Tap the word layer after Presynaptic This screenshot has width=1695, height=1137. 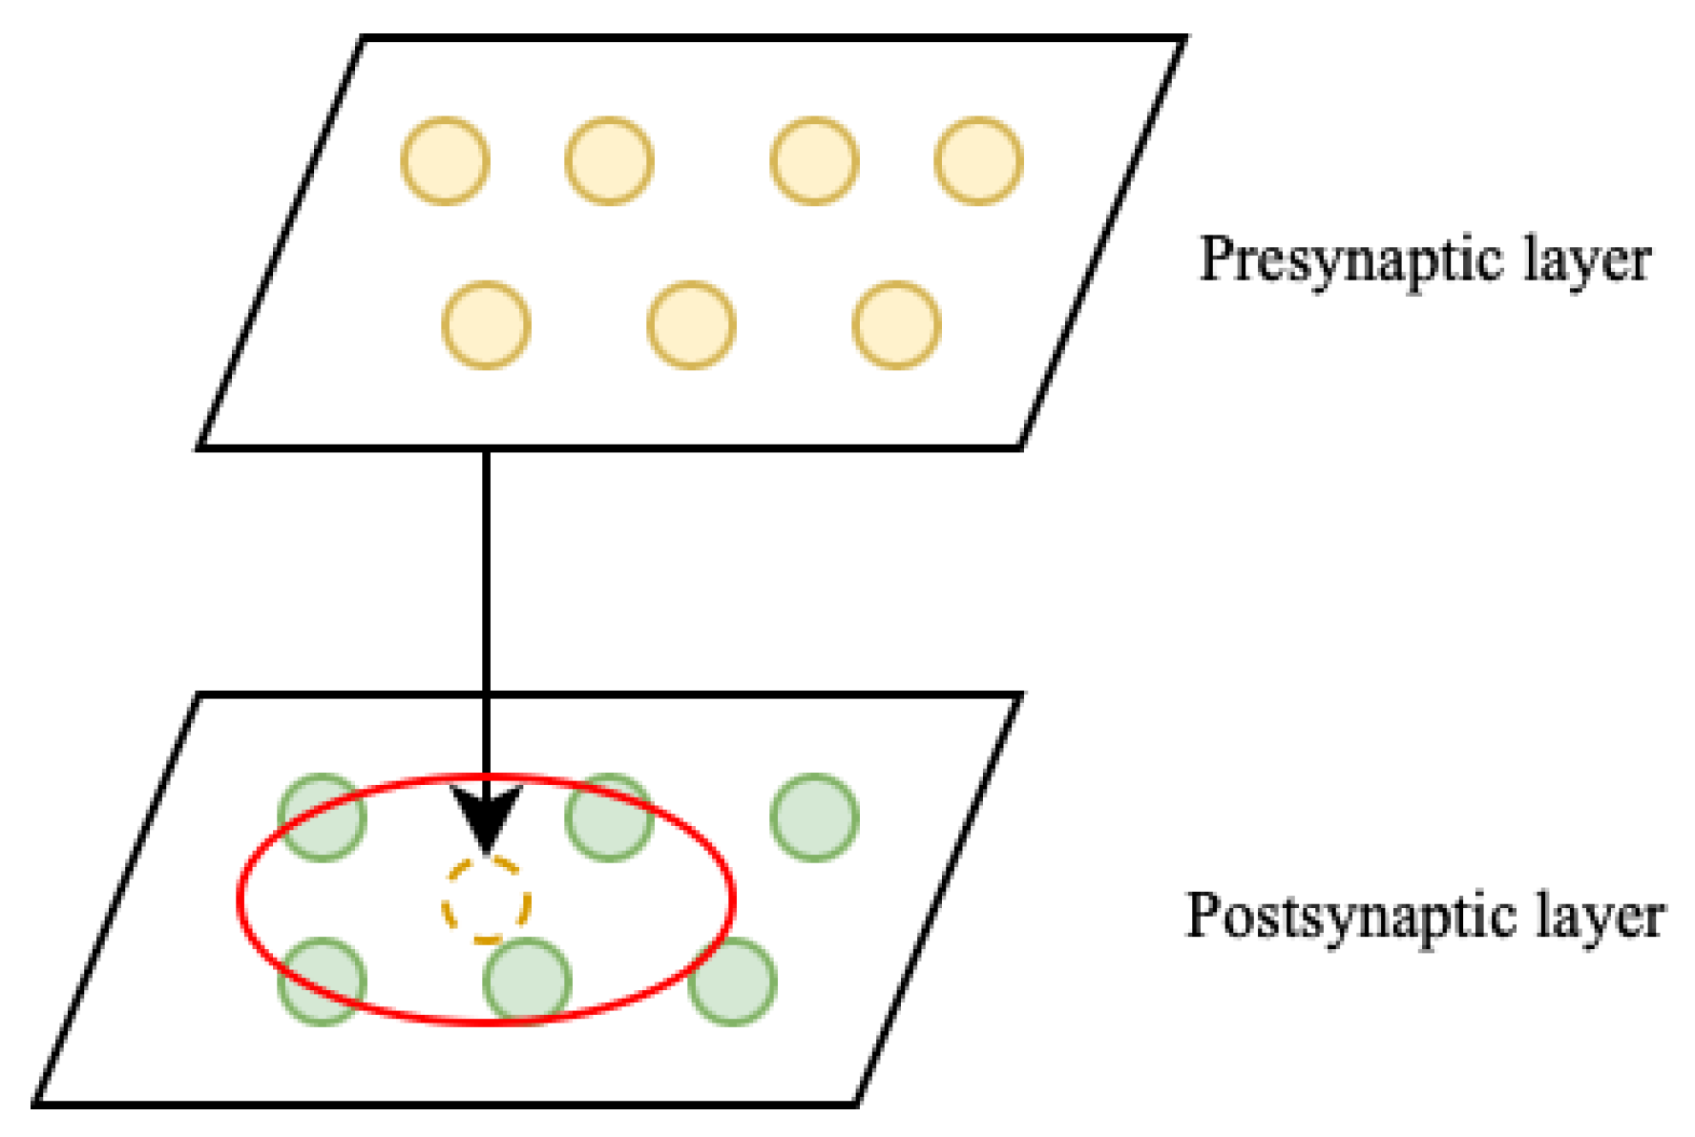click(x=1586, y=259)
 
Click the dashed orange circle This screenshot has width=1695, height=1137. click(x=486, y=901)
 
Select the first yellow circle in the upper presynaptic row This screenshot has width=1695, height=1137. click(x=446, y=160)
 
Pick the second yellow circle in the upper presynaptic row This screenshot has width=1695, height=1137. click(x=609, y=160)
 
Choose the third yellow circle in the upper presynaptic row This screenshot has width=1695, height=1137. click(x=814, y=160)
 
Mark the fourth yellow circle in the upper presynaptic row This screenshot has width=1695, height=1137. click(x=978, y=160)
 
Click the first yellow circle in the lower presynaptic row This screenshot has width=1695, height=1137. click(x=486, y=324)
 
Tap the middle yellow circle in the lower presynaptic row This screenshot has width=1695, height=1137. click(x=691, y=324)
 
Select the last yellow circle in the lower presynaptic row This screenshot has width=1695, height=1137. click(x=896, y=324)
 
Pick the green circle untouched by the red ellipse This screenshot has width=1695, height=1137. click(x=814, y=817)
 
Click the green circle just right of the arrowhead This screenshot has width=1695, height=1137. click(x=609, y=817)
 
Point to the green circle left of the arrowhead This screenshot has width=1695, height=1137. click(x=322, y=817)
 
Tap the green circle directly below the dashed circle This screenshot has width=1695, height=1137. click(x=527, y=981)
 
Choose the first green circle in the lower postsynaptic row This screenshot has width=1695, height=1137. click(x=322, y=981)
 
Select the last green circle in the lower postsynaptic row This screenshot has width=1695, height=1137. click(x=732, y=981)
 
